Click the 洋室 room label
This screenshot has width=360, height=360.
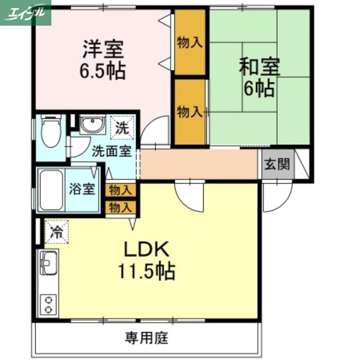[x=103, y=49]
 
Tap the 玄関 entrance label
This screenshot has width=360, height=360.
[x=276, y=165]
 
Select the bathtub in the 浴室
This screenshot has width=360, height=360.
[x=51, y=189]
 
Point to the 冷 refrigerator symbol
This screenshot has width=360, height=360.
[x=56, y=232]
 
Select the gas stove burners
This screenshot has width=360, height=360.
[x=48, y=304]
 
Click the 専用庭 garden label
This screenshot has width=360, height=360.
[x=146, y=337]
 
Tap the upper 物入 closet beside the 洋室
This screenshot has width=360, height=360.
[x=190, y=42]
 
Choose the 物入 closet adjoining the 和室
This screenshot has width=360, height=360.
[x=190, y=111]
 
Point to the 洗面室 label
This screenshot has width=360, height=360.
[x=112, y=151]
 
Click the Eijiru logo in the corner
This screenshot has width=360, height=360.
[x=26, y=13]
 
